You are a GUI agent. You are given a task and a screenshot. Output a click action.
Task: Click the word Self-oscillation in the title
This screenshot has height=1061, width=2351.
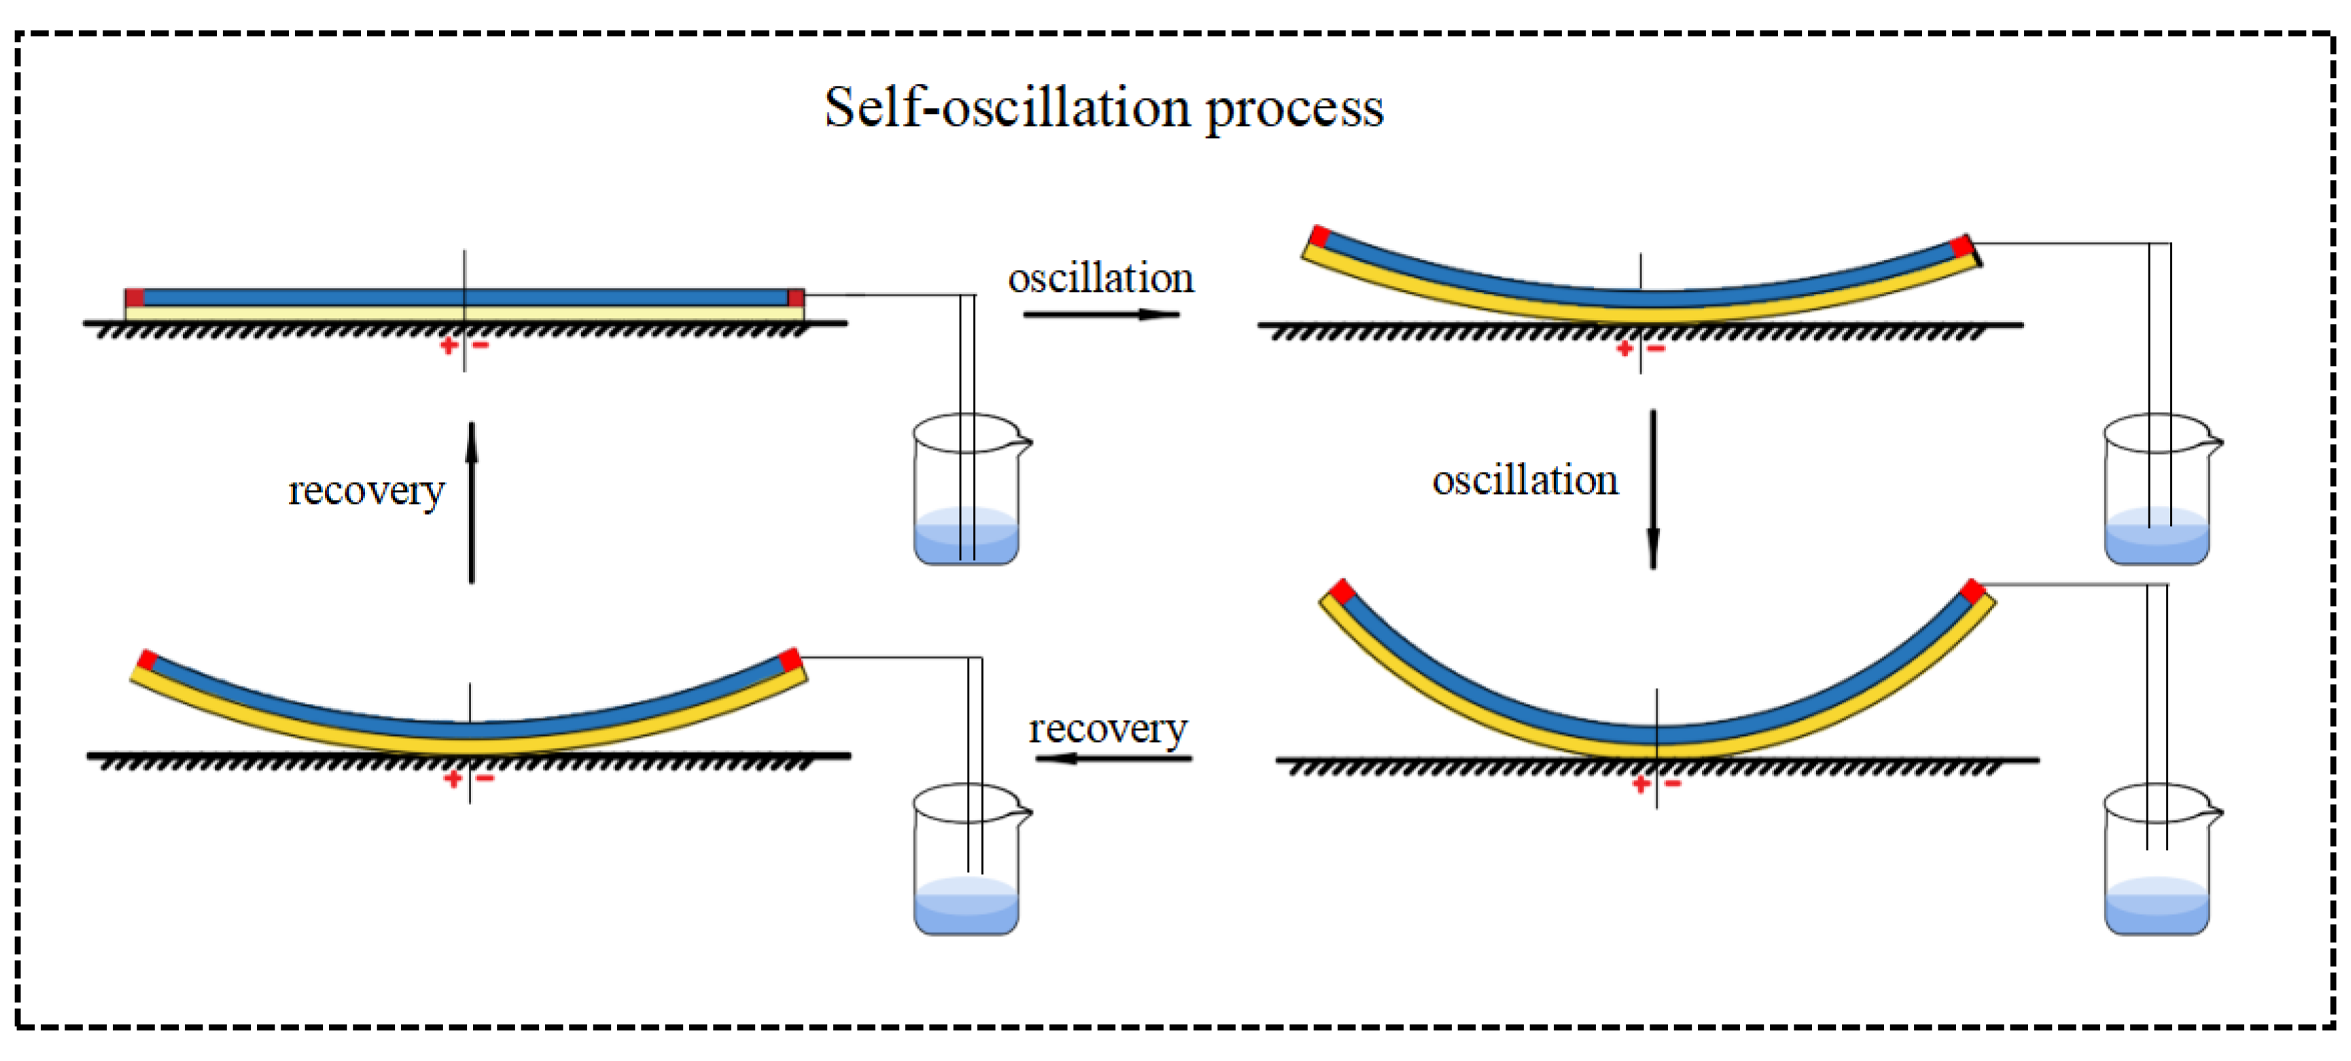1006,107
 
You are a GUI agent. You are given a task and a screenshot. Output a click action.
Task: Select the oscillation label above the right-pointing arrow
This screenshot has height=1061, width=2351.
1100,278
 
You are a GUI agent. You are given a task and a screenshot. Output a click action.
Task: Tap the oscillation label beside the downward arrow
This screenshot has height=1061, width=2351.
1525,481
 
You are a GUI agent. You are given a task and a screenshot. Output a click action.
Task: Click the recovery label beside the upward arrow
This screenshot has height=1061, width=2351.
366,491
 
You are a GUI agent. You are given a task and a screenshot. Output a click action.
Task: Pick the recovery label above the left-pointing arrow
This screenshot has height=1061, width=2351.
1108,729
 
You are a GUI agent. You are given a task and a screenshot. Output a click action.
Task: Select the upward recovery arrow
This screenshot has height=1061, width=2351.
472,502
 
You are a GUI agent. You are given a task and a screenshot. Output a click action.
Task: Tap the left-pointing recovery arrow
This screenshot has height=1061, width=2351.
1113,758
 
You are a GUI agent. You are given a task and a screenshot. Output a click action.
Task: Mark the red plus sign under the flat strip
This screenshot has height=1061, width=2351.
449,346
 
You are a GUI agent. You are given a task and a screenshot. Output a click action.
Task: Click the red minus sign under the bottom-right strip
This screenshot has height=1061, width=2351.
1673,784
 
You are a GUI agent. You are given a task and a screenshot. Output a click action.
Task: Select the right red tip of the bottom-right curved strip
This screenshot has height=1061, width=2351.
1972,591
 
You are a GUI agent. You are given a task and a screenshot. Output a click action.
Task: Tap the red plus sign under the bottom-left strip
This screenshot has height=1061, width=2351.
453,778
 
